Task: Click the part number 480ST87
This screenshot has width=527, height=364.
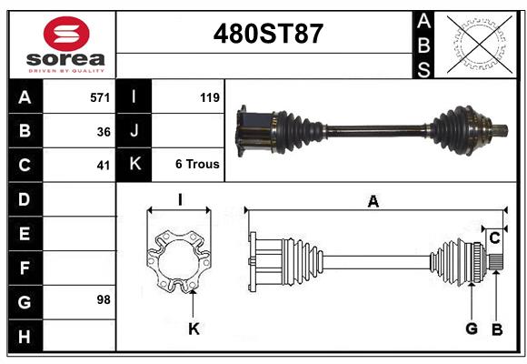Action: tap(267, 35)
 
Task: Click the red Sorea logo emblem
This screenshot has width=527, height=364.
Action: tap(66, 35)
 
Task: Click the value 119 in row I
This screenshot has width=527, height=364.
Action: tap(209, 96)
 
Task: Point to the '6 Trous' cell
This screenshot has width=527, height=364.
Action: tap(197, 165)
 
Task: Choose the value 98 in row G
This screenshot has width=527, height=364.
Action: tap(103, 298)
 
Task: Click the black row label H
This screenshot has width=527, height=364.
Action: tap(24, 336)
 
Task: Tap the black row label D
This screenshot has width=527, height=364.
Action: tap(24, 198)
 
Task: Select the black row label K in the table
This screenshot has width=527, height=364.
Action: tap(134, 165)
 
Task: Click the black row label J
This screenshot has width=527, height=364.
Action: tap(134, 130)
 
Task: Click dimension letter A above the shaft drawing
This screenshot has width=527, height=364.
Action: tap(373, 202)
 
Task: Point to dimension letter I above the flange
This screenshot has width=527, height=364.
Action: tap(180, 199)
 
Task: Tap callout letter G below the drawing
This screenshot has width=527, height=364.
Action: tap(472, 329)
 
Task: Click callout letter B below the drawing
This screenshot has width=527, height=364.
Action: tap(496, 329)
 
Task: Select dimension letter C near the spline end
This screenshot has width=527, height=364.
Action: tap(495, 238)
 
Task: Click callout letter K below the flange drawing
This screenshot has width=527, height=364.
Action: tap(193, 329)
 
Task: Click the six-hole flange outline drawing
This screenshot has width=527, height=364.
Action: tap(178, 262)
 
